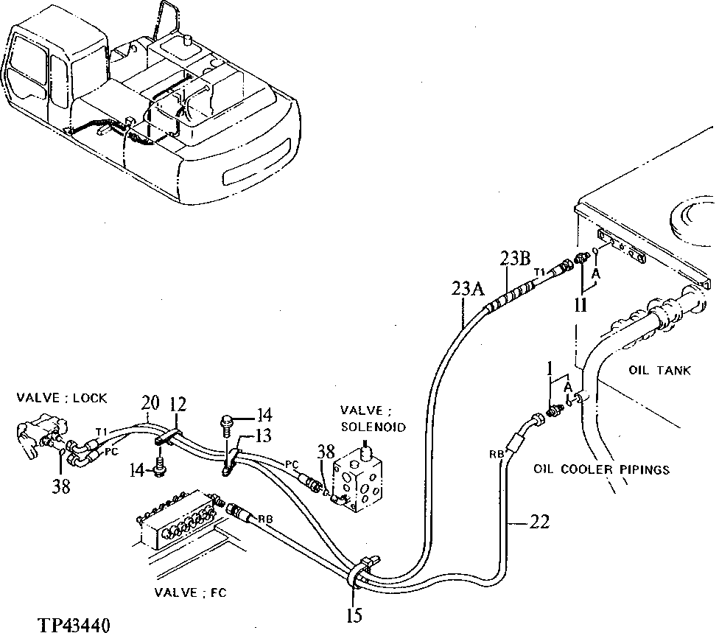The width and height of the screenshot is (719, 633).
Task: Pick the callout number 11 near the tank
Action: point(581,305)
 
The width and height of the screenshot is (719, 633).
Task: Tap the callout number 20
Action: point(150,403)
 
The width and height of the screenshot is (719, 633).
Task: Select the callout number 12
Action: point(178,405)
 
